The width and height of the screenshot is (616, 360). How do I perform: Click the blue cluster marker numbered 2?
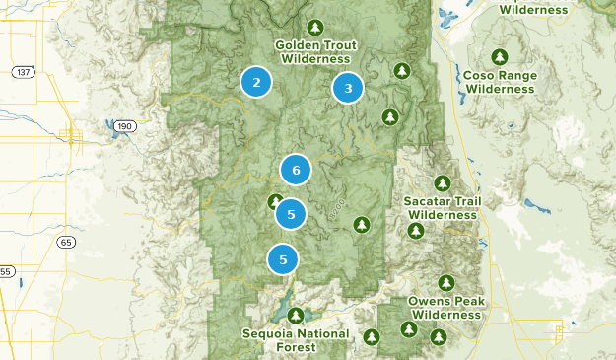click(x=256, y=82)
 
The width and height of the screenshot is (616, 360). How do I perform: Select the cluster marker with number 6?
click(x=296, y=170)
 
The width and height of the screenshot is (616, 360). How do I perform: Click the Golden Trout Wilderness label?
click(x=314, y=52)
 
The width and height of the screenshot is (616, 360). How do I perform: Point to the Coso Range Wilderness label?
click(x=500, y=82)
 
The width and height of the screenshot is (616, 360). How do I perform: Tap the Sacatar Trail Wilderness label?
click(x=444, y=207)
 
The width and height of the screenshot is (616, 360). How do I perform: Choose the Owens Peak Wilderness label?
click(x=446, y=308)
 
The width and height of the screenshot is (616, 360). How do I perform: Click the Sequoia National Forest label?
click(x=296, y=340)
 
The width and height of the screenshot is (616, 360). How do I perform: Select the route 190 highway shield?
click(x=123, y=127)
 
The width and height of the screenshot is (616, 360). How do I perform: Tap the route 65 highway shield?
click(x=66, y=242)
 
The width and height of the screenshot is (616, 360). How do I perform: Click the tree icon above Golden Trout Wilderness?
click(x=314, y=27)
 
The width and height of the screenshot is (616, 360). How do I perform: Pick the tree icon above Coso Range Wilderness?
click(x=500, y=56)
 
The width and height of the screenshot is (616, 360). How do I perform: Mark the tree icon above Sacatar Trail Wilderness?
click(x=444, y=181)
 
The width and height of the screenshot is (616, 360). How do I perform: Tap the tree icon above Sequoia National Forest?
click(x=296, y=316)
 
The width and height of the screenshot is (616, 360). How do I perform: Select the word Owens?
click(x=430, y=301)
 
